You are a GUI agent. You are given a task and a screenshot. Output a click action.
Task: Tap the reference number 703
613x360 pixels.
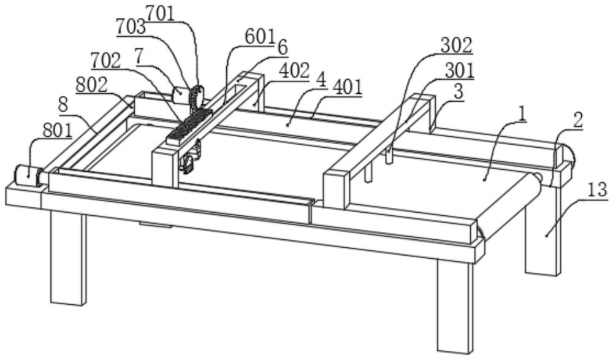tap(131, 26)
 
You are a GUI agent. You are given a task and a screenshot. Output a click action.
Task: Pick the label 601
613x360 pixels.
tap(259, 38)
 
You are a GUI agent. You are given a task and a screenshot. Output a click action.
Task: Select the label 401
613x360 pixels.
tap(347, 87)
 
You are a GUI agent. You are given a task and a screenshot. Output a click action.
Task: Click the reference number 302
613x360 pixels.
tap(456, 45)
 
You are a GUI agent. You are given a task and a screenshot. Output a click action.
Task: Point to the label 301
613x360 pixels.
tap(460, 71)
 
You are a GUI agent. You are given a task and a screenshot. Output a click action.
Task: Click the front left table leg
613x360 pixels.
tap(68, 258)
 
